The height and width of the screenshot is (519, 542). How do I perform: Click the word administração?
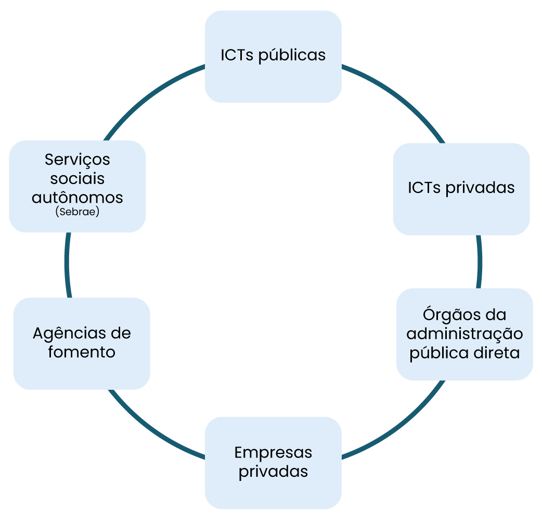pos(464,333)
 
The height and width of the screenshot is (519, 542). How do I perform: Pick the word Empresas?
pos(273,452)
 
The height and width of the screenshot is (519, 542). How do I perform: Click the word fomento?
pos(82,352)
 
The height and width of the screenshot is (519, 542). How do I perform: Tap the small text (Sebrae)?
pos(77,212)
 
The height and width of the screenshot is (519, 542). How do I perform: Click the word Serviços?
pos(78,159)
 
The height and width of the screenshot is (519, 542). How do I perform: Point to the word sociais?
pos(78,178)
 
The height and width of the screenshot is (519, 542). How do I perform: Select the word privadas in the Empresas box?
pos(273,471)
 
